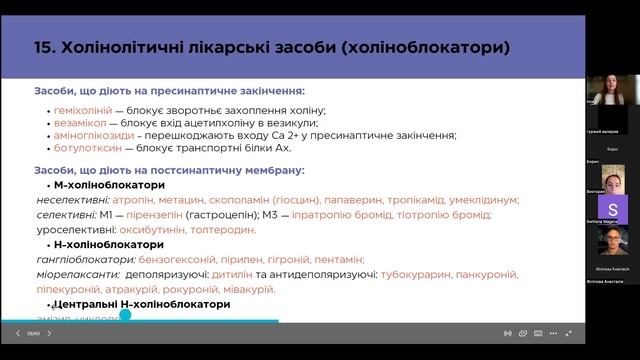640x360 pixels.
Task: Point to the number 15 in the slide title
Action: tap(44, 47)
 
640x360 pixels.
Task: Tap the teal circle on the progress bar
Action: tap(125, 315)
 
